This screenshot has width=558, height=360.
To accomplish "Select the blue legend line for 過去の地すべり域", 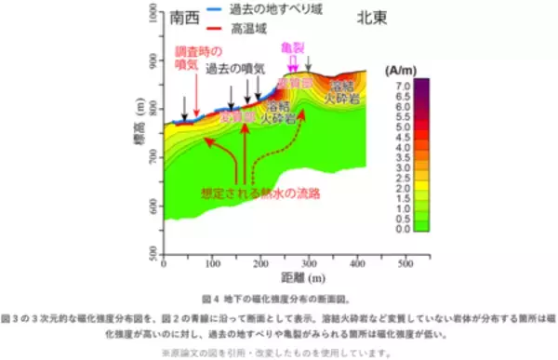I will [x=212, y=9].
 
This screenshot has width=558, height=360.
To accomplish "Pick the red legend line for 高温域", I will [x=212, y=26].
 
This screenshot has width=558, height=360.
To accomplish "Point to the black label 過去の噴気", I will [x=236, y=70].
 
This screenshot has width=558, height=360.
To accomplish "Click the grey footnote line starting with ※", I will [x=278, y=351].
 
